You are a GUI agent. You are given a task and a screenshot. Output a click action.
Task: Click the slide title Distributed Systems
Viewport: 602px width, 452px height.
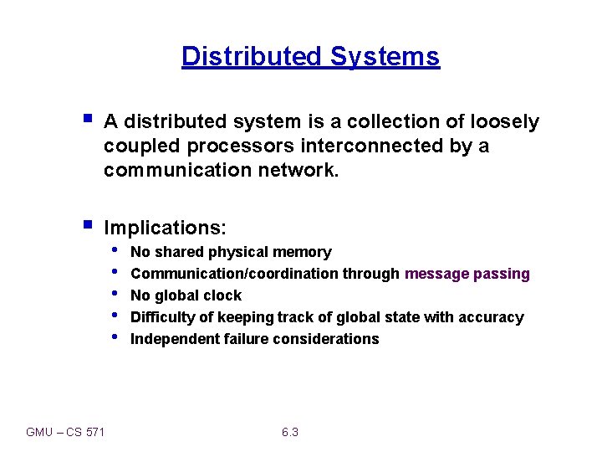click(x=310, y=56)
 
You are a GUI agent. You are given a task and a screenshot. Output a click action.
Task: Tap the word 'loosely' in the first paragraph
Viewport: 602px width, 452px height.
click(x=505, y=122)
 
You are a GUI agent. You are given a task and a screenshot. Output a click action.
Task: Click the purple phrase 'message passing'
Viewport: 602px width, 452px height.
click(x=467, y=274)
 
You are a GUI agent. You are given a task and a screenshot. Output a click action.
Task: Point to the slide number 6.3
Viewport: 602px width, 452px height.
click(x=290, y=432)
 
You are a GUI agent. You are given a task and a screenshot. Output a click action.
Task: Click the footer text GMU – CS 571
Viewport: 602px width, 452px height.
click(x=65, y=432)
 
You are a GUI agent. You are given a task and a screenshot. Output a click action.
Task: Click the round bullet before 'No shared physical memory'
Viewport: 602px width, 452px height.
click(x=115, y=251)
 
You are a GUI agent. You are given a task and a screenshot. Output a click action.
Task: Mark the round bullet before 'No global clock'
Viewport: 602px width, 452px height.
click(x=115, y=295)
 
